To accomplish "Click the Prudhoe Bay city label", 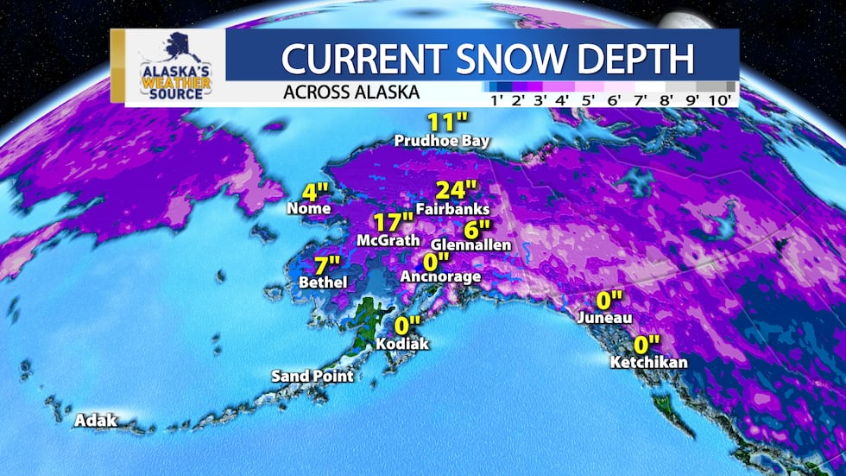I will click(x=441, y=140).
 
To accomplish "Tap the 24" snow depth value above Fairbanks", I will click(x=457, y=189).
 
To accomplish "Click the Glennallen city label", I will click(x=470, y=245).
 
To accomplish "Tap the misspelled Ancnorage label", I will click(x=441, y=276).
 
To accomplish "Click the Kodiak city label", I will click(x=402, y=343).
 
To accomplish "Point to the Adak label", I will click(x=96, y=421).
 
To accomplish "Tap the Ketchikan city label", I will click(x=648, y=361).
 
